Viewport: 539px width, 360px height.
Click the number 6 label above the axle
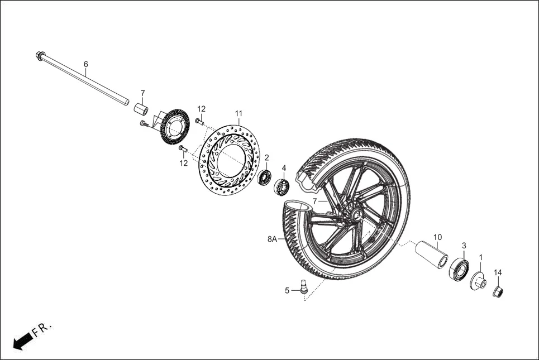click(85, 64)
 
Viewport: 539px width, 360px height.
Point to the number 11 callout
click(239, 113)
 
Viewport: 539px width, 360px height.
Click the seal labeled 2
click(265, 177)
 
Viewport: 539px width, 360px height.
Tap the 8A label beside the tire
click(273, 239)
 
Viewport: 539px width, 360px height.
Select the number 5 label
click(287, 290)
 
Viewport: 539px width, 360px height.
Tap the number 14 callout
click(498, 272)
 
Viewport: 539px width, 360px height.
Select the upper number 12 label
click(201, 108)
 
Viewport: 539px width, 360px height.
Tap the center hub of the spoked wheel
click(353, 215)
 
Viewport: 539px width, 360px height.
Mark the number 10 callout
click(437, 237)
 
